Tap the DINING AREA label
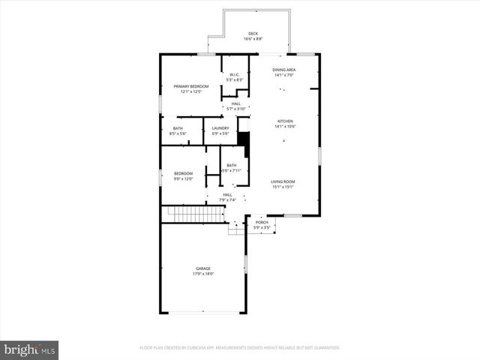coord(284,70)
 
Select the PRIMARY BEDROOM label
coord(191,86)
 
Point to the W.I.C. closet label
coord(234,74)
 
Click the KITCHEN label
coord(285,121)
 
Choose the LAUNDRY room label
coord(220,128)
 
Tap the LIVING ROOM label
coord(283,181)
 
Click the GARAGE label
coord(203,268)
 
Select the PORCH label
coord(262,222)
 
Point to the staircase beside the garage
coord(196,215)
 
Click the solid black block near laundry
coord(243,139)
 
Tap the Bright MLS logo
coord(30,349)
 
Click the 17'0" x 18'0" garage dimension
coord(203,274)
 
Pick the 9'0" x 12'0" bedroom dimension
coord(184,179)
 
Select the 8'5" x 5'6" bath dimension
coord(178,133)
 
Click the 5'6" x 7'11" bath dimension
coord(231,170)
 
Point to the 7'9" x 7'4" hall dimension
coord(227,200)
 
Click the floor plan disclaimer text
coord(240,348)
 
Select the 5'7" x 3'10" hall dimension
coord(235,109)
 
